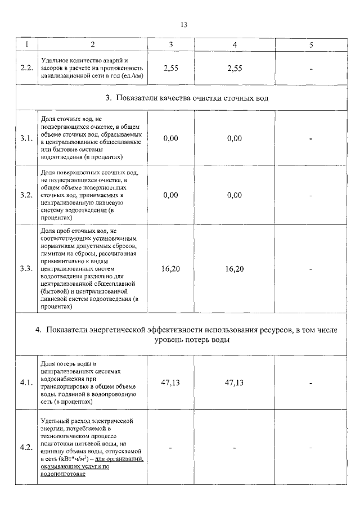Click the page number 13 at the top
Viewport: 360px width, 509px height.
coord(183,25)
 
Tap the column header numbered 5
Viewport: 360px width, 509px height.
coord(310,44)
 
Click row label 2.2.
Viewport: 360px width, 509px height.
coord(26,68)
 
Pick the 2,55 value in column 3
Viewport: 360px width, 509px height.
coord(170,68)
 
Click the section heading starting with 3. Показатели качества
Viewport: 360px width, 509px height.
coord(186,98)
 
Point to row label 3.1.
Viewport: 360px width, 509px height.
coord(26,138)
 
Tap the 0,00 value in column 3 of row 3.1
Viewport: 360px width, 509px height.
coord(170,138)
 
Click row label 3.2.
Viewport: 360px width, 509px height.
coord(26,195)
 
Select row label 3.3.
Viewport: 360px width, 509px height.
coord(26,269)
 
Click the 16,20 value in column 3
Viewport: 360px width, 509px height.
coord(170,269)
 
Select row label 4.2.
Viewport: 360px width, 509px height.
coord(26,448)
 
